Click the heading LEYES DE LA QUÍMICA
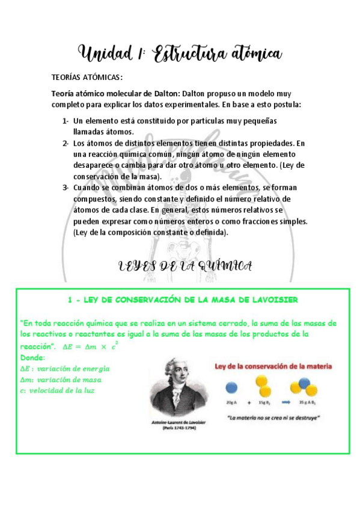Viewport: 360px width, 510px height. (184, 266)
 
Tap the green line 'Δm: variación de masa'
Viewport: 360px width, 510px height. (61, 379)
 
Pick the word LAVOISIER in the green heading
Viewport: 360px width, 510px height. (268, 300)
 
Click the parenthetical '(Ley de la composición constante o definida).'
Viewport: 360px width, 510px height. (150, 232)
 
